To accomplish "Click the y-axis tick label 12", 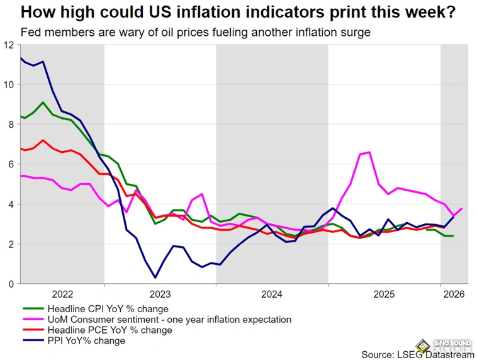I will pos(8,45).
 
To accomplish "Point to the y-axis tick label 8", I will pos(11,125).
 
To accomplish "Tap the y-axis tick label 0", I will pos(11,284).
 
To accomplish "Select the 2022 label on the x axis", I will pos(62,294).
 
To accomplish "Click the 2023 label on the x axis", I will pos(160,294).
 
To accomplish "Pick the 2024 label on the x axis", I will pos(272,294).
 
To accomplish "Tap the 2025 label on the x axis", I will pos(384,294).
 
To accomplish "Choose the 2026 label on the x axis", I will pos(454,294).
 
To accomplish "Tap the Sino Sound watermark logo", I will pos(456,346).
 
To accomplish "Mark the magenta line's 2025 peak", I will pos(369,152).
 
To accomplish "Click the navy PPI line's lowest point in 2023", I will pos(155,278).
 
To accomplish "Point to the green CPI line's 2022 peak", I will pos(43,103).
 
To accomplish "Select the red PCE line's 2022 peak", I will pos(43,140).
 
